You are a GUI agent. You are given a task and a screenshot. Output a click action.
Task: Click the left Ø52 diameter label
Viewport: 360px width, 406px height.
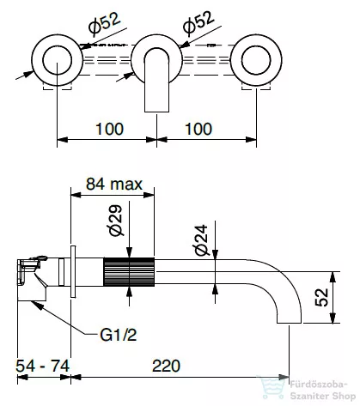coord(104,24)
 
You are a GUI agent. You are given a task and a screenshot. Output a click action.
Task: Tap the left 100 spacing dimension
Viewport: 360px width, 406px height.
coord(109,129)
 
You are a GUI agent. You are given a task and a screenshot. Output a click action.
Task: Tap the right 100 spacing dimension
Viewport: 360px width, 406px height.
coord(198,129)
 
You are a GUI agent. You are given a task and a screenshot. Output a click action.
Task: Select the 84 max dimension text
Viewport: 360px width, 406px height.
coord(114,184)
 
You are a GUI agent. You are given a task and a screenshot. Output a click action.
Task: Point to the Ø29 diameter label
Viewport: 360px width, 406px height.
coord(115,221)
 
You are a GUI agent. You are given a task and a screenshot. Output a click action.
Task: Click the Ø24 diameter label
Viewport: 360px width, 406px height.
coord(201,240)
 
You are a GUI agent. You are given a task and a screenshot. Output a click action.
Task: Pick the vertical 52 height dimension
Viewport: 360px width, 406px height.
coord(321,297)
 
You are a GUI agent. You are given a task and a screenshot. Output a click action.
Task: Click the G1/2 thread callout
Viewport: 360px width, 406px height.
coord(118,335)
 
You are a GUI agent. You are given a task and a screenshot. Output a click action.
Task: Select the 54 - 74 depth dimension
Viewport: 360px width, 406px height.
coord(43,366)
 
